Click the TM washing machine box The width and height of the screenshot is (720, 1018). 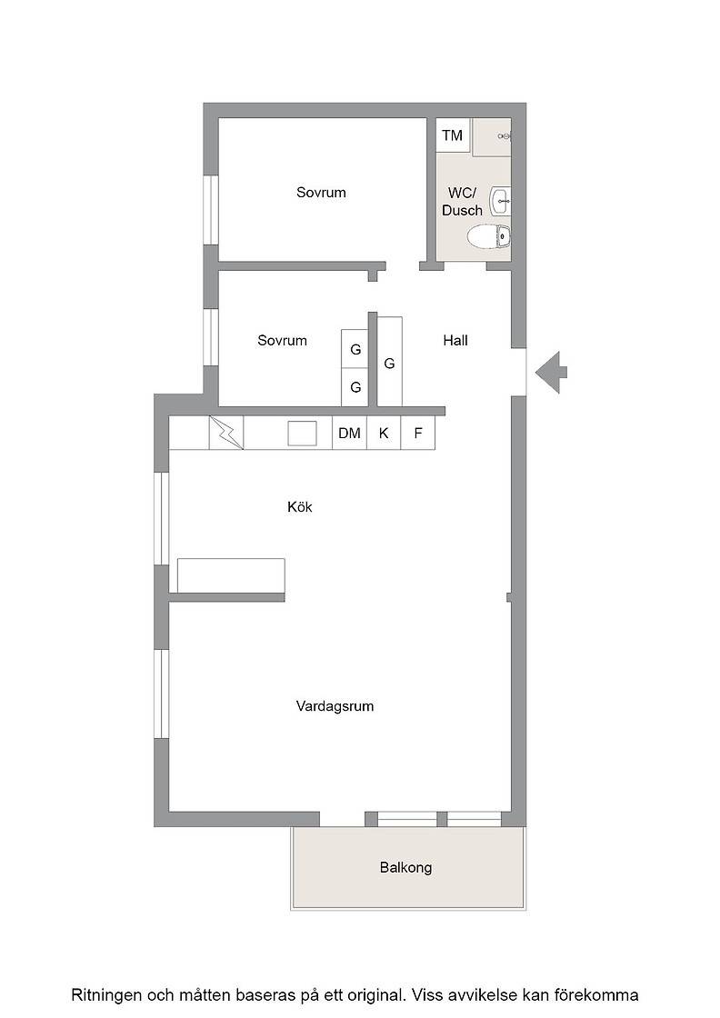click(x=453, y=135)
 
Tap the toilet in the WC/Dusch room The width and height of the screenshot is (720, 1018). click(x=489, y=236)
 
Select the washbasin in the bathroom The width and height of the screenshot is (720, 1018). click(x=501, y=201)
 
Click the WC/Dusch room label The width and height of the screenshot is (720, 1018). click(x=462, y=201)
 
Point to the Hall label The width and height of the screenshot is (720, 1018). click(x=455, y=340)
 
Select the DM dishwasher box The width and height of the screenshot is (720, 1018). click(x=349, y=433)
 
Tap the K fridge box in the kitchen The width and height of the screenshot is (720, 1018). click(x=384, y=433)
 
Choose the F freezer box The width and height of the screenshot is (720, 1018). click(x=418, y=433)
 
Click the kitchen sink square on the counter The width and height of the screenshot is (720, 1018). click(x=303, y=433)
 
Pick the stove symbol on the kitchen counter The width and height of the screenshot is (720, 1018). click(x=226, y=433)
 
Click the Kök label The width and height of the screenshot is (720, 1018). click(x=300, y=506)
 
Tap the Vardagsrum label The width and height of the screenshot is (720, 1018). click(x=335, y=706)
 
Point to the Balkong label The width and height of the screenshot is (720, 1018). click(x=405, y=867)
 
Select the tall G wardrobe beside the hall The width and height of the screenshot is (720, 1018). click(x=389, y=362)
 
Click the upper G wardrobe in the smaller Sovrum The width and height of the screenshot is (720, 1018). click(x=355, y=349)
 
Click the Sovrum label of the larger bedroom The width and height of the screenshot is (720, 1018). click(x=321, y=193)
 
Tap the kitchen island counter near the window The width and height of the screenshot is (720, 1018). click(x=231, y=575)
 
